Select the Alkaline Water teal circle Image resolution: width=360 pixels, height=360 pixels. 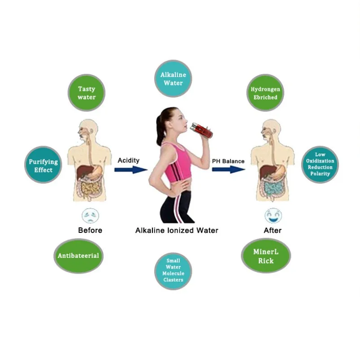(173, 78)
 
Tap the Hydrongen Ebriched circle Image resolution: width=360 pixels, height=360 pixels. (265, 93)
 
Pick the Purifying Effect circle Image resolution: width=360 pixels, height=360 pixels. (43, 165)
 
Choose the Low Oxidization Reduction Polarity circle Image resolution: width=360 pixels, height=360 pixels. (320, 164)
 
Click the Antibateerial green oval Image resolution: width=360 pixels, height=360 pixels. (78, 256)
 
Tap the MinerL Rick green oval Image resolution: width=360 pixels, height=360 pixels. (266, 256)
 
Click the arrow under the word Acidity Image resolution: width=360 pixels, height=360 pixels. (130, 170)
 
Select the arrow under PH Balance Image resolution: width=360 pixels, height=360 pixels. (228, 170)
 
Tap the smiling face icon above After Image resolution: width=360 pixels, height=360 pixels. (273, 215)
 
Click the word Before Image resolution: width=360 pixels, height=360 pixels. (90, 230)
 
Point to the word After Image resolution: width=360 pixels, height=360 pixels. (273, 230)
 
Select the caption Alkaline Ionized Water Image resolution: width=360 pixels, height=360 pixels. (177, 230)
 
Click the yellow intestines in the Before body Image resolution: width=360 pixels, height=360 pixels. (90, 189)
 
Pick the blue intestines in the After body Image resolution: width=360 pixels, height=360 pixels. (272, 189)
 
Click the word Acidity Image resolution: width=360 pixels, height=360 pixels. (128, 160)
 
